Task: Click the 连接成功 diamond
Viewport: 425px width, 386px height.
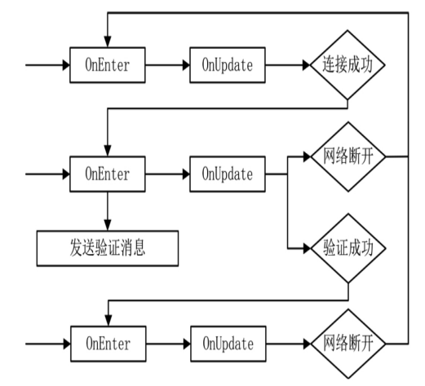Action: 348,65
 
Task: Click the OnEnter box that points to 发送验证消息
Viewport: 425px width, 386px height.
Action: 107,173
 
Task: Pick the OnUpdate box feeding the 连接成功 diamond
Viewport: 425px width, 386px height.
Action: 228,65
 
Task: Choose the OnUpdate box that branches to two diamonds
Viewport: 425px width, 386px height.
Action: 228,173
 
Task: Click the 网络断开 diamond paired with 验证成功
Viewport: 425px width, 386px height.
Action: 348,155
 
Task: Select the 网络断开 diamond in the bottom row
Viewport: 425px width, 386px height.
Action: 348,343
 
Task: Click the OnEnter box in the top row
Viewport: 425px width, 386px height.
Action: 107,65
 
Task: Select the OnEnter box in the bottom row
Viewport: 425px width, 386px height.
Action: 107,343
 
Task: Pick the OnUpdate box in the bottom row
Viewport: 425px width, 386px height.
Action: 228,343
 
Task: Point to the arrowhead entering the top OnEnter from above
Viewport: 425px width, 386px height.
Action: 107,43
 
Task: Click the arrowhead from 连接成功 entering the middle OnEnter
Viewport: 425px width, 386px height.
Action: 107,152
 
